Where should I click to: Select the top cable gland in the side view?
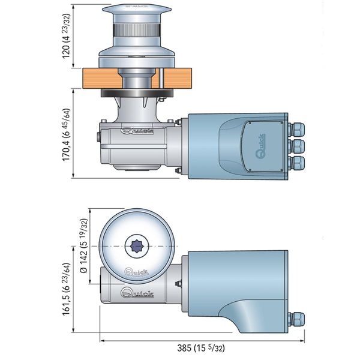coord(297,129)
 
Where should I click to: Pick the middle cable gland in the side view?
coord(297,146)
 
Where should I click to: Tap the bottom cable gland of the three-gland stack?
coord(297,162)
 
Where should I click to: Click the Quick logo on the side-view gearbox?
coord(137,129)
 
